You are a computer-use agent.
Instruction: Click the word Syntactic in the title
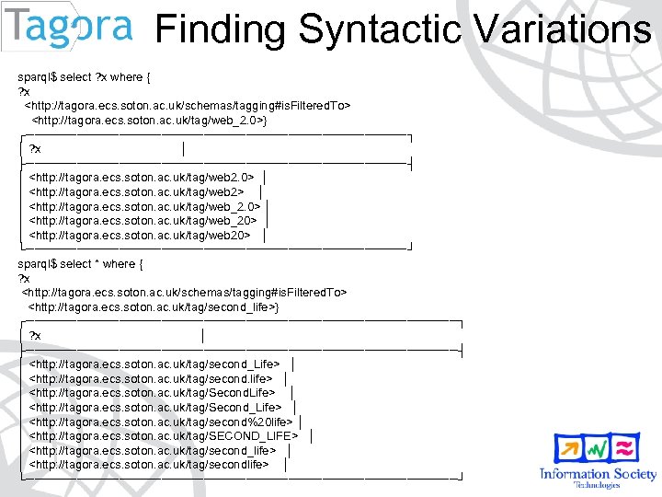pos(380,30)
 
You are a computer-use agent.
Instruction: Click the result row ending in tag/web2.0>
pos(142,177)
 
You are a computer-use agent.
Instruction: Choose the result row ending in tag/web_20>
pos(143,221)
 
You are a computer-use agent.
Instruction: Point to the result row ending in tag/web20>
pos(140,236)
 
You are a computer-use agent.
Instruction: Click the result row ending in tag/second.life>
pos(151,378)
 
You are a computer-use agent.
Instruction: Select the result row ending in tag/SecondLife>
pos(153,393)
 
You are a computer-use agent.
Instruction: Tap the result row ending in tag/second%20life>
pos(161,422)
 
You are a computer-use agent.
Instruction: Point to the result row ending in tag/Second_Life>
pos(155,408)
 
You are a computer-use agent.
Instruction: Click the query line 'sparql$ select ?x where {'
pos(87,77)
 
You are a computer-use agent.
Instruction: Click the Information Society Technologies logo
pos(598,460)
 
